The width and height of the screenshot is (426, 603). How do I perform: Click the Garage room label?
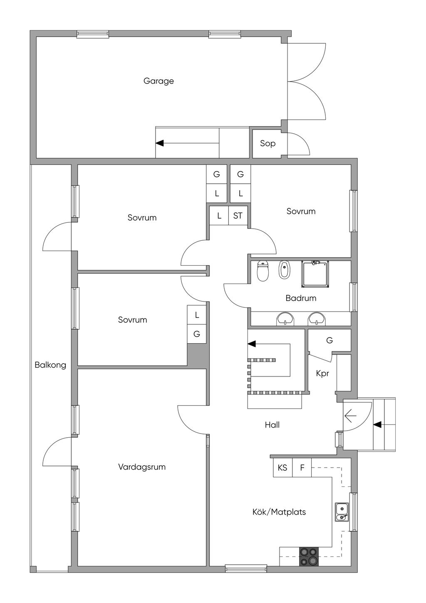coord(159,81)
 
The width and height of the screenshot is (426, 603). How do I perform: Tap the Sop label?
coord(267,144)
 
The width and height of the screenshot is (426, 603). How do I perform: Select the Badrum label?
coord(301,298)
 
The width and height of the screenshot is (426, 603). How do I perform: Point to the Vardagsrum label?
coord(142,467)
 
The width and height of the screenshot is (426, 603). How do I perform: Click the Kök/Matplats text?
coord(279,512)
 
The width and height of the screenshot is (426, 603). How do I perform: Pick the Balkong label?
coord(50,365)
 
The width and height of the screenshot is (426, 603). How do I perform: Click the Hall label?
coord(272,425)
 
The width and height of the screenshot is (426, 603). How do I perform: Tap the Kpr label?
coord(322,374)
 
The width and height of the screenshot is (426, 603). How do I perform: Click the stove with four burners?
coord(309,556)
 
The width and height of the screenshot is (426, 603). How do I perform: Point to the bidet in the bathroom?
coord(284,270)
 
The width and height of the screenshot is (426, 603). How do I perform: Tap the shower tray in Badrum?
coord(315,274)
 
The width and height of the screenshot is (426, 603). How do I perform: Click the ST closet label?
coord(238,216)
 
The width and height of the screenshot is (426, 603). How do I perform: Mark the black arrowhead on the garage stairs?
coord(160,143)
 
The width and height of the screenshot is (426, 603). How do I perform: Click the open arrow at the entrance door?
coord(350,416)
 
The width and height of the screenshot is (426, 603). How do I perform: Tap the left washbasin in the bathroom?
coord(285,319)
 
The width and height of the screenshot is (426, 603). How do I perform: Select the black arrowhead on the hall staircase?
coord(251,344)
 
